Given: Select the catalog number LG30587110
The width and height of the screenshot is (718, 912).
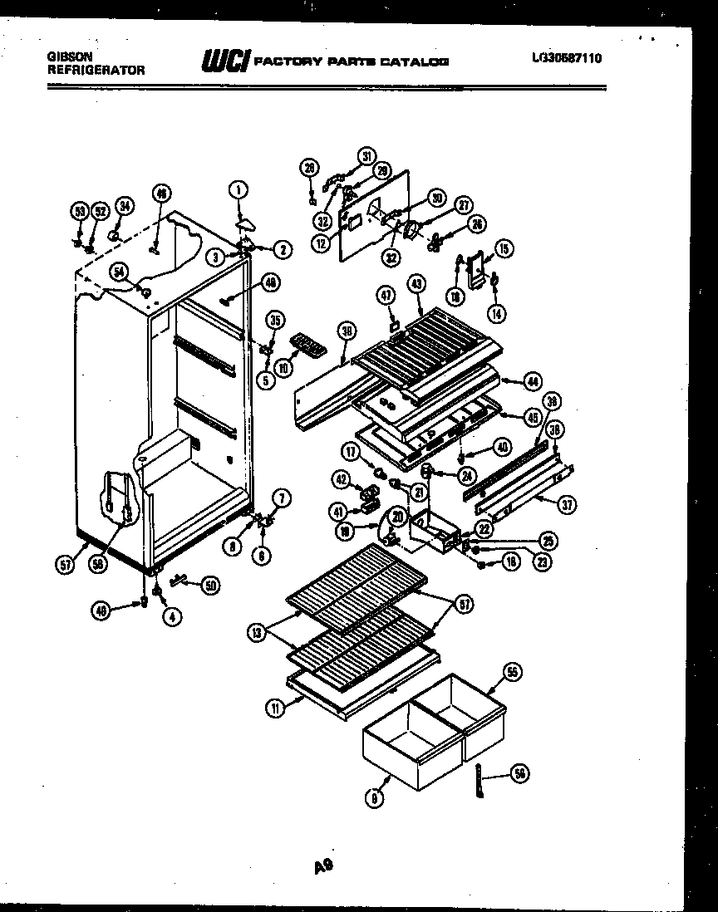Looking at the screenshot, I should click(x=568, y=58).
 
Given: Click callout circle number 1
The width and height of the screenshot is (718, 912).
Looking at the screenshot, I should click(x=238, y=189).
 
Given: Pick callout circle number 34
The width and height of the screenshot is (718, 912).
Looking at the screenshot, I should click(x=124, y=206).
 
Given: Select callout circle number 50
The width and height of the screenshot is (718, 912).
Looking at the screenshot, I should click(x=210, y=585).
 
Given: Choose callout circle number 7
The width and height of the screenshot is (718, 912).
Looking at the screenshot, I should click(x=282, y=498).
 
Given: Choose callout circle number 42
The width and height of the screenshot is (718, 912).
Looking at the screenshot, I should click(x=341, y=478).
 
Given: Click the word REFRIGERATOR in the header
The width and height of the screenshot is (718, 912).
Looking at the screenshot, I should click(x=96, y=71).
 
